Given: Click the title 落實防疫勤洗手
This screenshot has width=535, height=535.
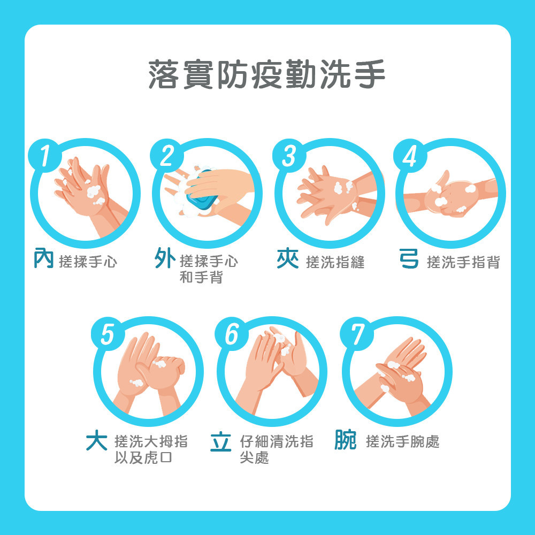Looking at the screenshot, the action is [267, 74].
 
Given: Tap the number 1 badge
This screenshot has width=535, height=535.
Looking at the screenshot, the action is [45, 156].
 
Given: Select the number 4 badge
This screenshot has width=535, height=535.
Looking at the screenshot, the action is [410, 156].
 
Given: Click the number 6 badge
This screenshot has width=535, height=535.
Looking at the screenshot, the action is [231, 334].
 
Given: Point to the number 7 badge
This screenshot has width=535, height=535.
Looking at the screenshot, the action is [356, 334].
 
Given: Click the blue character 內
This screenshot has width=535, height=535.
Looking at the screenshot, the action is [44, 258].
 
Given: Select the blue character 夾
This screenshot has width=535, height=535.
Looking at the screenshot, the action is [288, 259].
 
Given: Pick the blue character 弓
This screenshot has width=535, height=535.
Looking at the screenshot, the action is [409, 258].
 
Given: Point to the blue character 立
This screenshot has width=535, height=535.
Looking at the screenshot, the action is [221, 441].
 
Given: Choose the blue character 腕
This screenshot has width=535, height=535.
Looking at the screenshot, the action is [345, 440].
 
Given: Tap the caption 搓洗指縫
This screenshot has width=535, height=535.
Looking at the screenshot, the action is [335, 262].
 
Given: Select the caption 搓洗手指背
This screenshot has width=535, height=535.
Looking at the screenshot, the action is [463, 262].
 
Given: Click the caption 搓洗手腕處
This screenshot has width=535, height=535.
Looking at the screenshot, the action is [403, 441].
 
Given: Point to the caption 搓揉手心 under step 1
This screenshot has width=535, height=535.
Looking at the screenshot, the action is [88, 262].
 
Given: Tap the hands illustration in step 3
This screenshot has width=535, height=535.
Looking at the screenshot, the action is [336, 195].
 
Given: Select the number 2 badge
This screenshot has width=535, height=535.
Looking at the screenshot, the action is [167, 156].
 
